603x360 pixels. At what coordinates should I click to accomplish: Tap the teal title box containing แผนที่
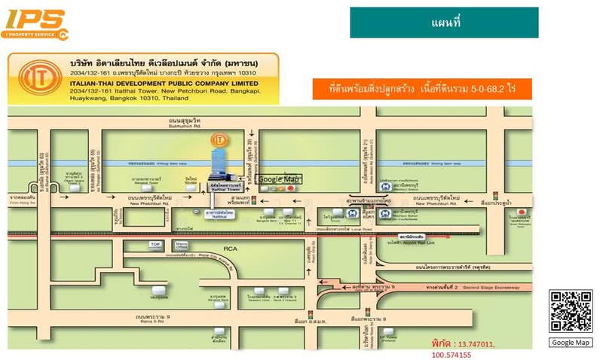444,23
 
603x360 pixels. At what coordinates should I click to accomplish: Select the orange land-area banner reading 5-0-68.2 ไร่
422,89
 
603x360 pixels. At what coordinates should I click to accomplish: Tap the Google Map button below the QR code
571,343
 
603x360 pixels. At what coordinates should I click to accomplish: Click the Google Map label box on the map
279,179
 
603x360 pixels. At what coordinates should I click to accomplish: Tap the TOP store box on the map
156,245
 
